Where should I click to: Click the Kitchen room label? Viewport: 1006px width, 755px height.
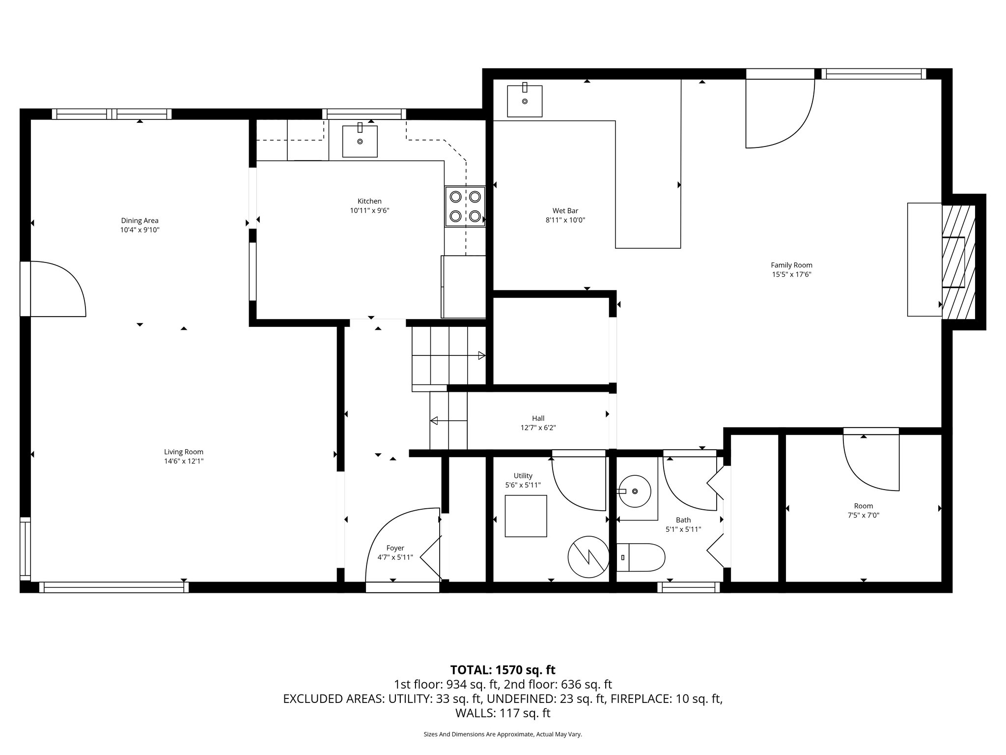coord(369,201)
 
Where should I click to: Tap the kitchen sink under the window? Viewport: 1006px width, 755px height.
coord(360,141)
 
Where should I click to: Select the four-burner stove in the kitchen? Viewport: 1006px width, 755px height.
coord(465,206)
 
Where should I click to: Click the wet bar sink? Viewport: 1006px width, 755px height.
coord(525,101)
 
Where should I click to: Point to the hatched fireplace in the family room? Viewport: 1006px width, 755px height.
coord(958,262)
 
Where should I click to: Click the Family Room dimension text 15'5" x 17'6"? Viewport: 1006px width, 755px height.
coord(791,275)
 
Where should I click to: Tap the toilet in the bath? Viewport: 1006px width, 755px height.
coord(640,557)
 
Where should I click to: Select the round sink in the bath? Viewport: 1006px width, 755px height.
coord(635,491)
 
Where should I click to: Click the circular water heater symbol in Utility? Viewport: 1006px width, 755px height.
coord(588,556)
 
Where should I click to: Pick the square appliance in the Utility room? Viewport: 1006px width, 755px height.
coord(526,516)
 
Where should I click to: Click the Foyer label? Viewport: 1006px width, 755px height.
coord(395,548)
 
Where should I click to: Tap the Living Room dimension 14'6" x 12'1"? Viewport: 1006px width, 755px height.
coord(184,461)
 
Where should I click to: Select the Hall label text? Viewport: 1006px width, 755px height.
coord(538,418)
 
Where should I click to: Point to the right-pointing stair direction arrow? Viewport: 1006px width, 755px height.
coord(481,355)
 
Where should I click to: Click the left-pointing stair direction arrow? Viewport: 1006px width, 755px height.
coord(434,420)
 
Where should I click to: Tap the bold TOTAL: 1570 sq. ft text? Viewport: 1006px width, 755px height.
coord(503,669)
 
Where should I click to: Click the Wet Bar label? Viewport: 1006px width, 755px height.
coord(565,211)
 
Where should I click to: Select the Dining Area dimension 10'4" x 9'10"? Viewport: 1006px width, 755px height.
coord(140,230)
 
